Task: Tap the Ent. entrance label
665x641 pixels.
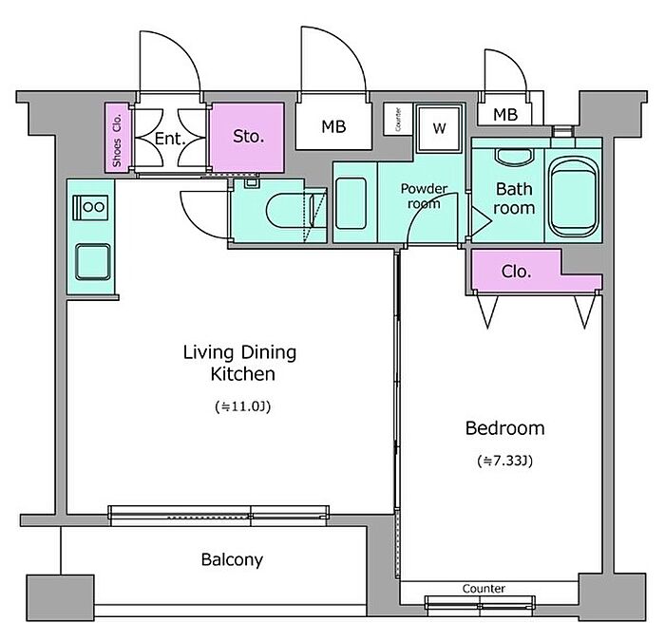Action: click(x=170, y=139)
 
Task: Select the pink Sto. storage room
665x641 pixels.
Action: click(x=248, y=138)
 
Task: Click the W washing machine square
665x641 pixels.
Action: click(x=439, y=128)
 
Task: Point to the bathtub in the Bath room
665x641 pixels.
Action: click(x=573, y=197)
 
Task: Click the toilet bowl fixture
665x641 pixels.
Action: click(x=289, y=211)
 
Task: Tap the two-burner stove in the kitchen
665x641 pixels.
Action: click(x=90, y=207)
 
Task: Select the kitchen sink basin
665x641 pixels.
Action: click(x=93, y=262)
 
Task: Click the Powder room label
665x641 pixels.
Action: click(x=424, y=196)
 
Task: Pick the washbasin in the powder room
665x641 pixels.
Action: click(x=351, y=203)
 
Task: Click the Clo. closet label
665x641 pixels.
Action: click(x=516, y=272)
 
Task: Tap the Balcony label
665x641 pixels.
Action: click(x=232, y=560)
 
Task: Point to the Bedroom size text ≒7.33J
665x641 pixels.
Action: click(x=504, y=461)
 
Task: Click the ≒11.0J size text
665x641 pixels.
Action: click(x=242, y=406)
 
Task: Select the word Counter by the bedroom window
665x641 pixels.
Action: click(x=484, y=589)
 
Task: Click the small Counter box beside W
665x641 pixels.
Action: click(x=398, y=119)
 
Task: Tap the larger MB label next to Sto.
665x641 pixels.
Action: click(x=333, y=126)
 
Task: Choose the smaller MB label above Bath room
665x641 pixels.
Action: click(x=505, y=115)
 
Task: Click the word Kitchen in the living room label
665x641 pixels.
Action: click(x=243, y=374)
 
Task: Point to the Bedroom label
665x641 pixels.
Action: click(x=504, y=428)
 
